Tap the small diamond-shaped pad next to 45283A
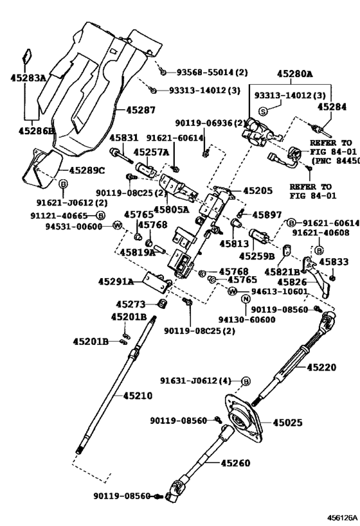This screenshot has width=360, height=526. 28,56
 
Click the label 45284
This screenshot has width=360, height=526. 332,107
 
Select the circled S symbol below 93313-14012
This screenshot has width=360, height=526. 262,111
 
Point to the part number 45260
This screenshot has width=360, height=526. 235,462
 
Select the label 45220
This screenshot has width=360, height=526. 321,367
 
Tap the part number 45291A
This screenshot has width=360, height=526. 116,281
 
